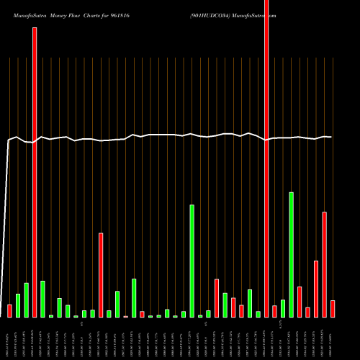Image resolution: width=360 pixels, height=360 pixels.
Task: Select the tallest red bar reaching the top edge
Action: click(266, 158)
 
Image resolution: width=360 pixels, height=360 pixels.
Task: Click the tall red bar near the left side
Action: click(35, 173)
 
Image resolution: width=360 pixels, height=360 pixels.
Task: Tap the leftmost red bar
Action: click(10, 310)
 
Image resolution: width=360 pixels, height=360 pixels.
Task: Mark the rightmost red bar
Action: click(333, 308)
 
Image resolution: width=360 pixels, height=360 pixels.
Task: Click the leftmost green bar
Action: click(18, 305)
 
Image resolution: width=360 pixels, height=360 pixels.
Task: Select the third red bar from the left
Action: click(101, 274)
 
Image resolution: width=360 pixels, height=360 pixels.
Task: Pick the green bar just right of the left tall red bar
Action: click(42, 299)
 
